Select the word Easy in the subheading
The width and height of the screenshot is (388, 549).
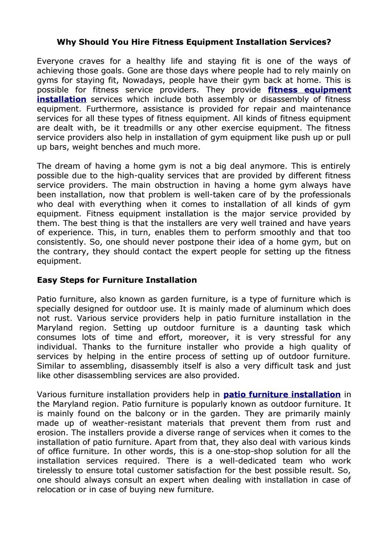[46, 280]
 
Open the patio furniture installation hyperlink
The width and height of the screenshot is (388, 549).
[282, 395]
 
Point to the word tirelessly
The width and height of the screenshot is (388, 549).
[54, 471]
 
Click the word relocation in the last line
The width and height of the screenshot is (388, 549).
[56, 490]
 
